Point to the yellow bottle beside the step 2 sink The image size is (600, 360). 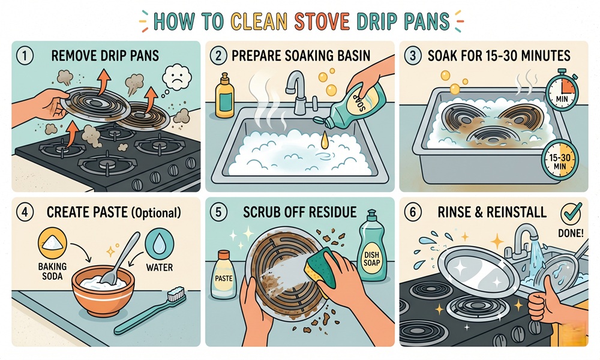226,97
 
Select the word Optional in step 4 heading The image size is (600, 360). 157,212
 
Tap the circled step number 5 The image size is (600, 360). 220,212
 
